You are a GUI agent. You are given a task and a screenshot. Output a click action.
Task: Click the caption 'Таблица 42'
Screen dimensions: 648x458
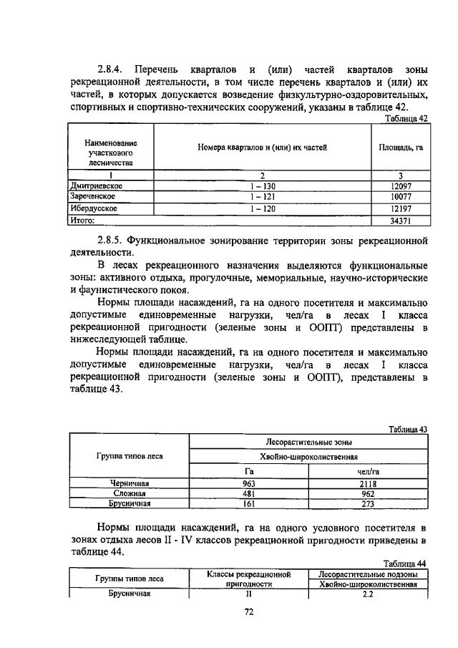coord(406,119)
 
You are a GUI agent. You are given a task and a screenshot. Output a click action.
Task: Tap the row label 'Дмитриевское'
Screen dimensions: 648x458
coord(97,185)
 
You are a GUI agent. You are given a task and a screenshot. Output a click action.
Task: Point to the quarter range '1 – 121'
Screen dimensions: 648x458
coord(263,197)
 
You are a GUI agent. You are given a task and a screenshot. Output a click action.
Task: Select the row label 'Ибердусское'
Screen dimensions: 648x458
coord(94,208)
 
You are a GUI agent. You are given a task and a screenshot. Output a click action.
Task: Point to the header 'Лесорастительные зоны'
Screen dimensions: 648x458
coord(308,443)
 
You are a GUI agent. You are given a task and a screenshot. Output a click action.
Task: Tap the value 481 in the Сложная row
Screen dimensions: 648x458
coord(249,493)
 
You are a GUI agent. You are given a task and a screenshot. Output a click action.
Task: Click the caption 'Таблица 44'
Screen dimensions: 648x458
coord(406,564)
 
